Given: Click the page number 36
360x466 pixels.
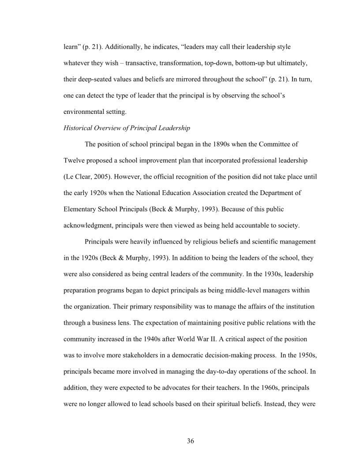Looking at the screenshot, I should pyautogui.click(x=191, y=441).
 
